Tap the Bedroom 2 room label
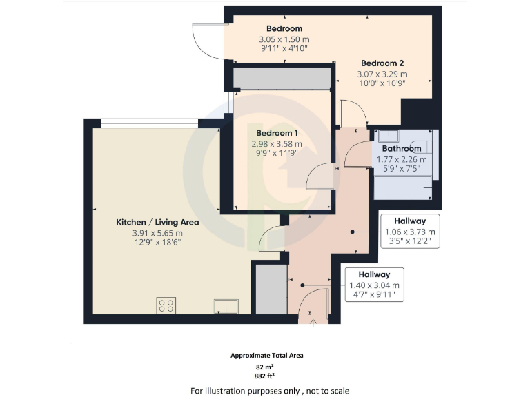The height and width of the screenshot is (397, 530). [x=382, y=63]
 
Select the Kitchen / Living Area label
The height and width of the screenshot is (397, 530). [x=157, y=222]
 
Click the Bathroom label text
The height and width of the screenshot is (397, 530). [x=401, y=148]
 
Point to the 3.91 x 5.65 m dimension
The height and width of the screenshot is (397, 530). [x=157, y=233]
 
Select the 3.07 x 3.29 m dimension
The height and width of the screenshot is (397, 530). [x=382, y=74]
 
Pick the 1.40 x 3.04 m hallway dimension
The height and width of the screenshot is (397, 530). [x=375, y=285]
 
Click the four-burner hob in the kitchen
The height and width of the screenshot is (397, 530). [x=166, y=305]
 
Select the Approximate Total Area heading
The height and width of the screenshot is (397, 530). [x=266, y=356]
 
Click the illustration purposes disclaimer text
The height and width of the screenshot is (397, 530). [x=270, y=391]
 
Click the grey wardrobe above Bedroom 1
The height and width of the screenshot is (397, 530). [x=282, y=78]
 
